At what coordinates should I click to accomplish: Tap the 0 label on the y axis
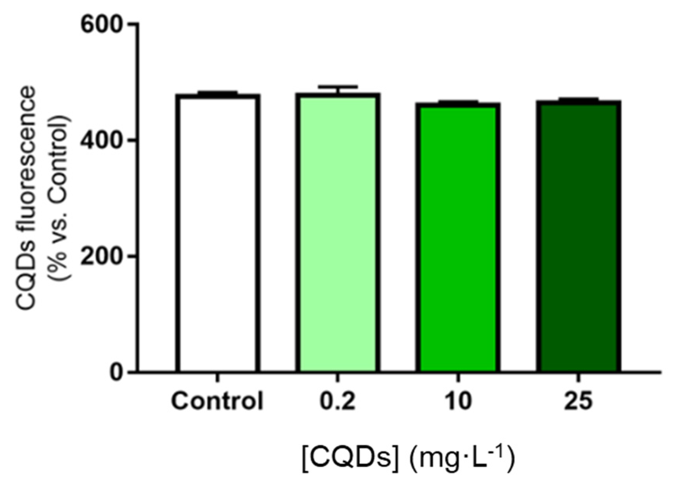point(116,372)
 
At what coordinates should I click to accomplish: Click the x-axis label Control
point(217,401)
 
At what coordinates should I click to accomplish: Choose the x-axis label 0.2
point(337,401)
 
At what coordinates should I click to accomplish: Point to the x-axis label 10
point(458,401)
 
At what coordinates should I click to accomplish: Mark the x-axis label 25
point(578,401)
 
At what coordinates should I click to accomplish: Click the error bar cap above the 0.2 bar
point(338,86)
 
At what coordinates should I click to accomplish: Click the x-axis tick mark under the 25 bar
point(578,377)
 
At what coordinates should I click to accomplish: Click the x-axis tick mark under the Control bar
point(218,377)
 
